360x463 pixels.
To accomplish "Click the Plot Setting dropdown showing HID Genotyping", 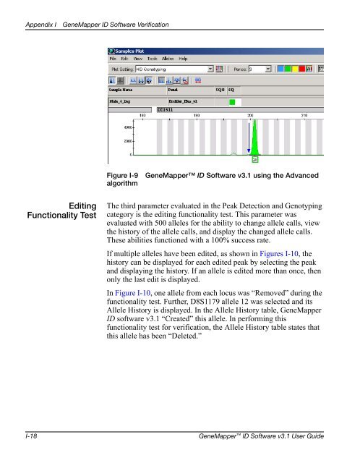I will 174,70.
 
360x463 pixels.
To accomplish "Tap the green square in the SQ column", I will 232,102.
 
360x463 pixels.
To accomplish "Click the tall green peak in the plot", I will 254,137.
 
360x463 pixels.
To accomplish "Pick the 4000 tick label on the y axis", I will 127,127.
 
